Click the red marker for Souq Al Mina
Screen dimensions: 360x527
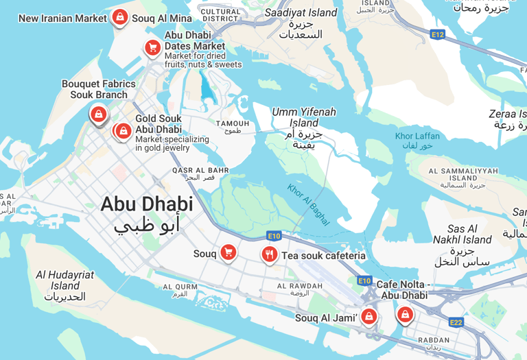point(120,16)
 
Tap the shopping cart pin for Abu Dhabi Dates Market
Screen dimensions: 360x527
point(152,47)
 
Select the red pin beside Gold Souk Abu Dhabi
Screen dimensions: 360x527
point(124,130)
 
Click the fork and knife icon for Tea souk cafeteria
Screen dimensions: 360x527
point(269,254)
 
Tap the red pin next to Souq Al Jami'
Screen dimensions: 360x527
point(369,316)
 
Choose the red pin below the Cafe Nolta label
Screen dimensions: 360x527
point(406,314)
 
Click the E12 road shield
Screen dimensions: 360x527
point(437,34)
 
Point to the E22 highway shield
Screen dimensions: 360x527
point(456,322)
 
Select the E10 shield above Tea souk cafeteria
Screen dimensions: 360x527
point(274,236)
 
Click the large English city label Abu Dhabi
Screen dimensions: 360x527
point(147,204)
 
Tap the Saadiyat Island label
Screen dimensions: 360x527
point(301,12)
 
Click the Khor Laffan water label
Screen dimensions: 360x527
point(417,136)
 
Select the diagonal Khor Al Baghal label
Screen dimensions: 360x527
point(309,204)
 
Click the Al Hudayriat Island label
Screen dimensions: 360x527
point(65,280)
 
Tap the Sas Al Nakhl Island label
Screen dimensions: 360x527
point(462,235)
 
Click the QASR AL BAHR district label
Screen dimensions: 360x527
point(200,170)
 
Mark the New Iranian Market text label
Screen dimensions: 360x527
point(62,19)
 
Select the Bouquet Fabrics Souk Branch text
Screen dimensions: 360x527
point(99,89)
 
